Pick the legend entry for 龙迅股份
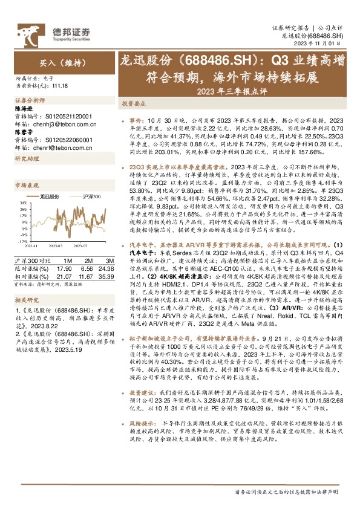coord(50,197)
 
